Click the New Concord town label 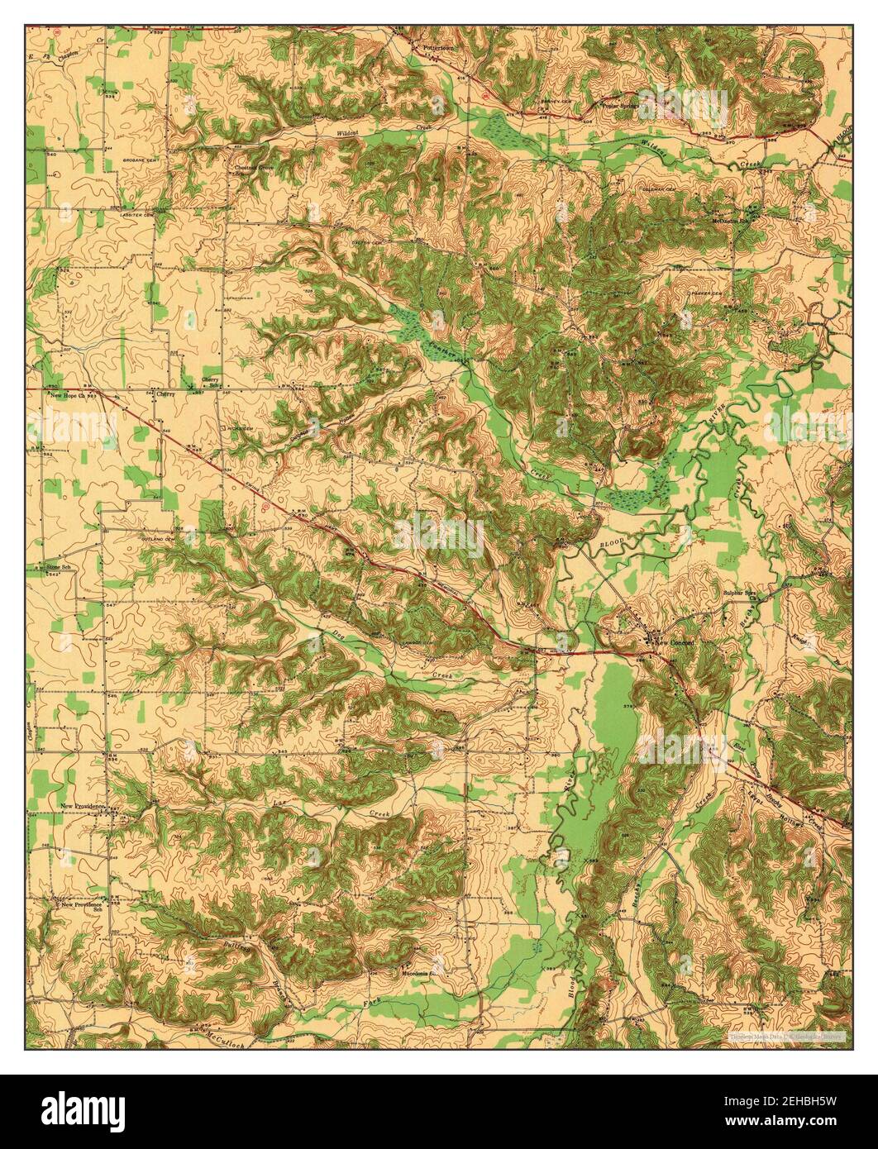coord(675,642)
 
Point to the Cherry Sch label coord(212,383)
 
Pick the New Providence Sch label coord(80,906)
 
